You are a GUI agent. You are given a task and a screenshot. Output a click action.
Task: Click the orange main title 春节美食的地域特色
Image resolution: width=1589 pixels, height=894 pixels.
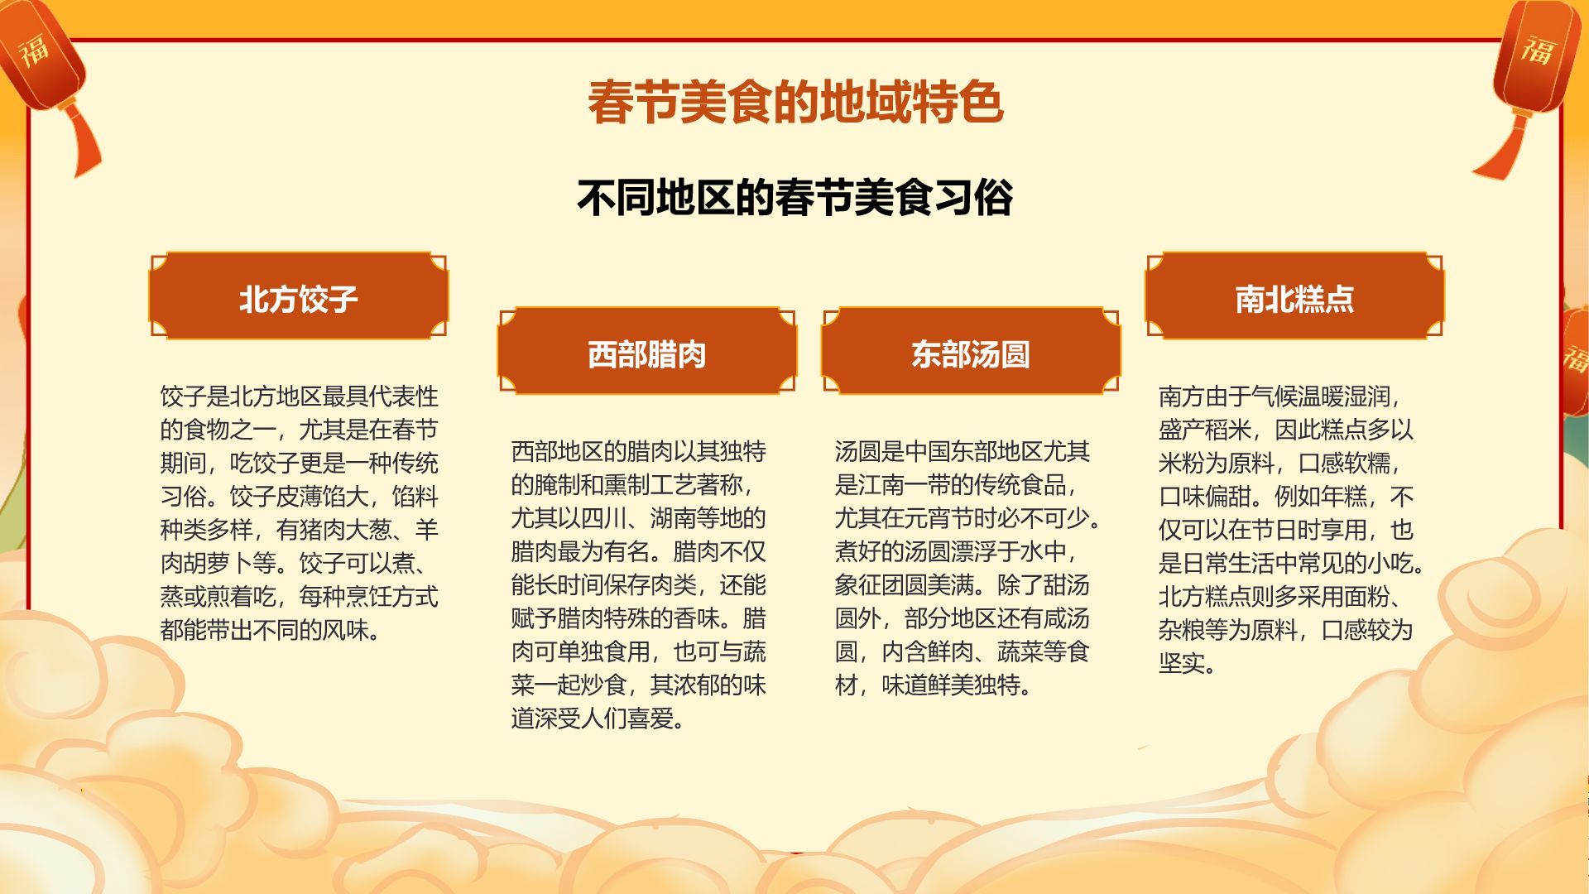[x=794, y=103]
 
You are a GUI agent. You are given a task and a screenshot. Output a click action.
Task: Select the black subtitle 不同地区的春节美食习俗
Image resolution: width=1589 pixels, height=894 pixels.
[x=794, y=198]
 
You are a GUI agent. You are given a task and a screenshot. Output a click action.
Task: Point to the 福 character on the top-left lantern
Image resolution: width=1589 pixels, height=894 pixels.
[x=35, y=50]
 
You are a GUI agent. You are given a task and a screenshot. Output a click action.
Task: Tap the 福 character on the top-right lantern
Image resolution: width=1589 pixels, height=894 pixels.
[x=1538, y=50]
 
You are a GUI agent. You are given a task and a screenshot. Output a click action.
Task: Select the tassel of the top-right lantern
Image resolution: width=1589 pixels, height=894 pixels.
[x=1502, y=149]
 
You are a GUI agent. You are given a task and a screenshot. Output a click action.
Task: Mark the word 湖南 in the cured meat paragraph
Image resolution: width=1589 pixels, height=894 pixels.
[x=673, y=518]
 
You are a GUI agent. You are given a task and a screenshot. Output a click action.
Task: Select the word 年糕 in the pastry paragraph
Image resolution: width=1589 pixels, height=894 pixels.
[x=1345, y=497]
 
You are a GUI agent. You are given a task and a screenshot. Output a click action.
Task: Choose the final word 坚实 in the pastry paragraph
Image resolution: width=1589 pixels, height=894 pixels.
[x=1181, y=663]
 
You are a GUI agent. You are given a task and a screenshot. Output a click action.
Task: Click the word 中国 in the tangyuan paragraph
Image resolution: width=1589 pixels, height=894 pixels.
[x=927, y=451]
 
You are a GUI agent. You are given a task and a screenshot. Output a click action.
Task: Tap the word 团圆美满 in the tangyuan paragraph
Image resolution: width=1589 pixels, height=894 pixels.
[x=904, y=585]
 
